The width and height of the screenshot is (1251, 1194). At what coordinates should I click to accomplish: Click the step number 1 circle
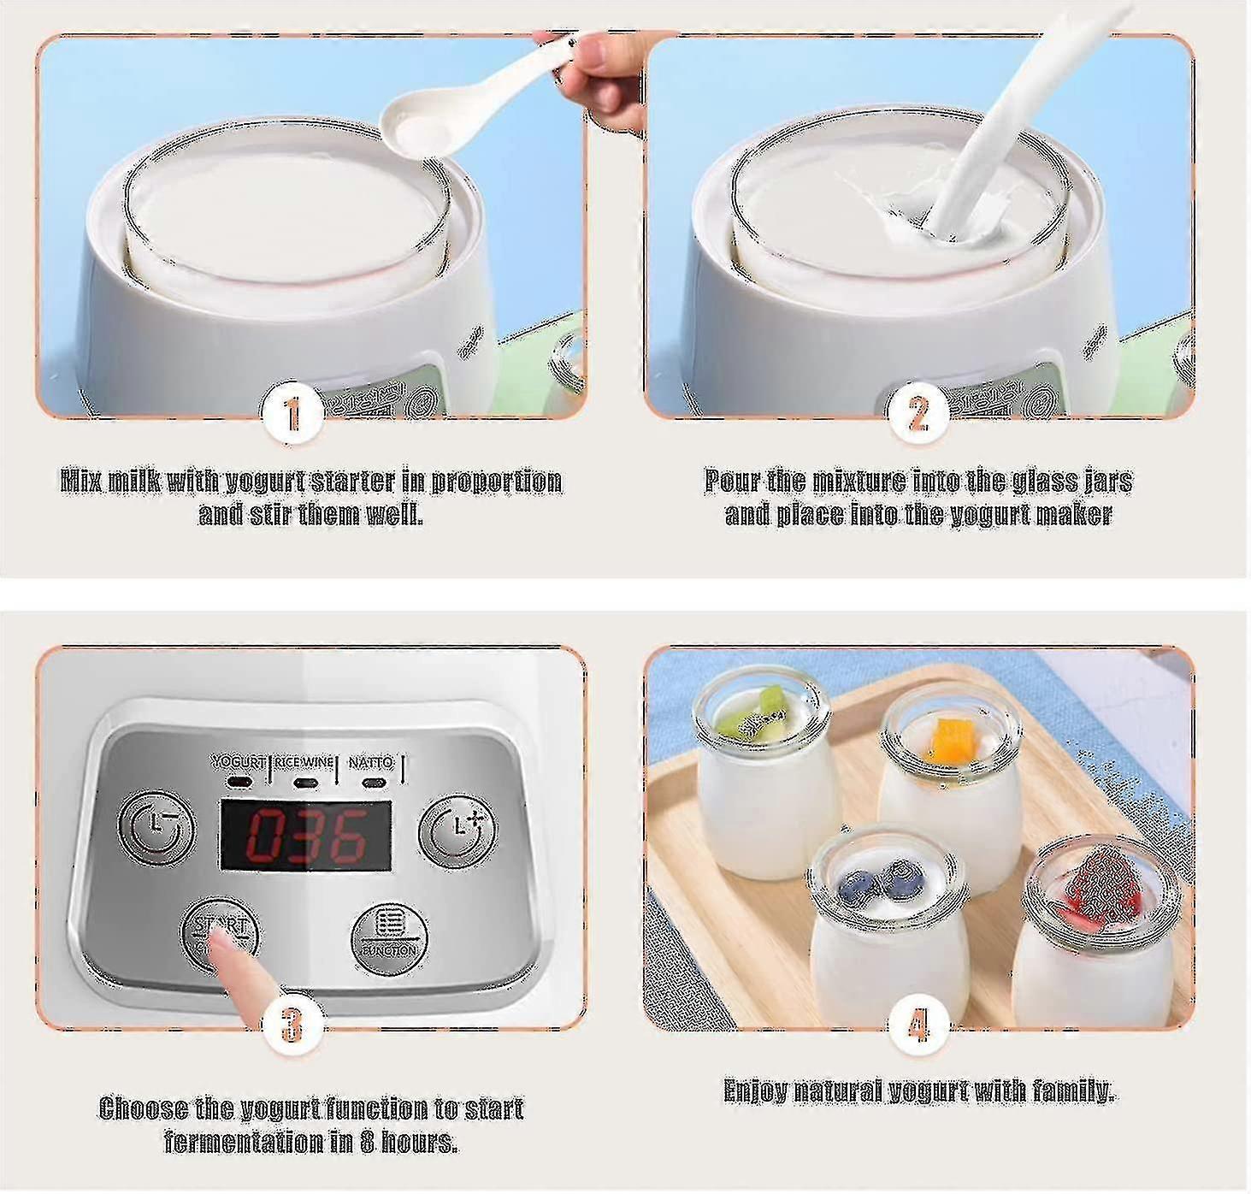[292, 413]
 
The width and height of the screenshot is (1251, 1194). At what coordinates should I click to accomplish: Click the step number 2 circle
[918, 413]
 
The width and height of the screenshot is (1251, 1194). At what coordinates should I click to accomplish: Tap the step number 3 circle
[292, 1024]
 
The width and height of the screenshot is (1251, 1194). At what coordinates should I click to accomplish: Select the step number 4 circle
[918, 1024]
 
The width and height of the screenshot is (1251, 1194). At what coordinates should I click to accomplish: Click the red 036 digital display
[306, 835]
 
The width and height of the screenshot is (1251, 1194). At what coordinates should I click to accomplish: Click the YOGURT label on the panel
[239, 761]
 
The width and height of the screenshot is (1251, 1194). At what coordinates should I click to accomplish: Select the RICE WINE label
[304, 761]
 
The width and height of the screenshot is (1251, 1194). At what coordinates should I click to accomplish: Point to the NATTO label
[370, 761]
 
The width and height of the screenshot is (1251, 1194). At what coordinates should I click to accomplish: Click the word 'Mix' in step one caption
[81, 481]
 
